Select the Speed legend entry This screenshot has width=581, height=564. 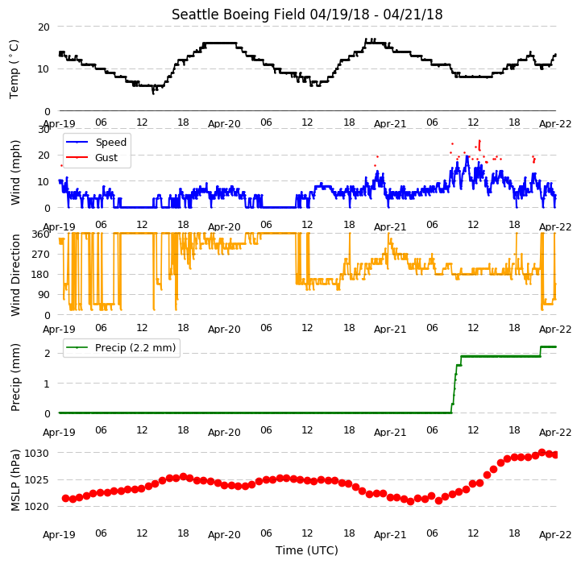coord(96,143)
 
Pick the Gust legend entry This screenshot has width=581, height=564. coord(92,157)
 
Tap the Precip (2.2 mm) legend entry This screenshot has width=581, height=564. coord(121,347)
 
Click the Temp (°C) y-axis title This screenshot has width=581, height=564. coord(14,69)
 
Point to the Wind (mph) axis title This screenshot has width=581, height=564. coord(15,172)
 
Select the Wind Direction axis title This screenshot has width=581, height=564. coord(15,275)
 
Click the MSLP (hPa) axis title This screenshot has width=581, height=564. coord(15,480)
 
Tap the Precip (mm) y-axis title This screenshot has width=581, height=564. coord(15,377)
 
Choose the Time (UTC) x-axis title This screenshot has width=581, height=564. coord(307,550)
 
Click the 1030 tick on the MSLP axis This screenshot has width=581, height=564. coord(37,453)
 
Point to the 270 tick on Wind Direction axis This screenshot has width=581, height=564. coord(41,255)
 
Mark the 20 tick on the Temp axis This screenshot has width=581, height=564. coord(44,27)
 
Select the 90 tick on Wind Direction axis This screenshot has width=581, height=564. coord(44,295)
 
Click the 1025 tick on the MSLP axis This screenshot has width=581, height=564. coord(37,480)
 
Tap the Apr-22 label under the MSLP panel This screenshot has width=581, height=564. coord(555,535)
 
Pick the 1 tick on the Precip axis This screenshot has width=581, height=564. coord(47,384)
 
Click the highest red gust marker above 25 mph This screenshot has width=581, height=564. coord(479,141)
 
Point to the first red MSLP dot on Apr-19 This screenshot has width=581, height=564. coord(65,499)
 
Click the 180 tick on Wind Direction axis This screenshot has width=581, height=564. coord(41,275)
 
